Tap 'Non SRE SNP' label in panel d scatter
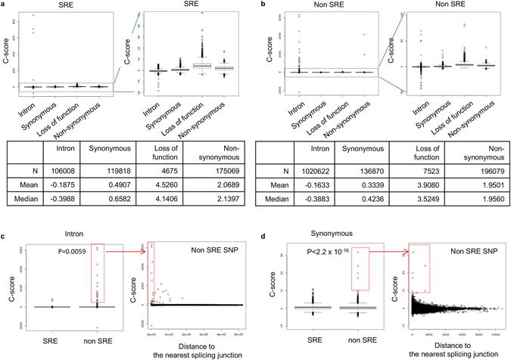tap(466, 250)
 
